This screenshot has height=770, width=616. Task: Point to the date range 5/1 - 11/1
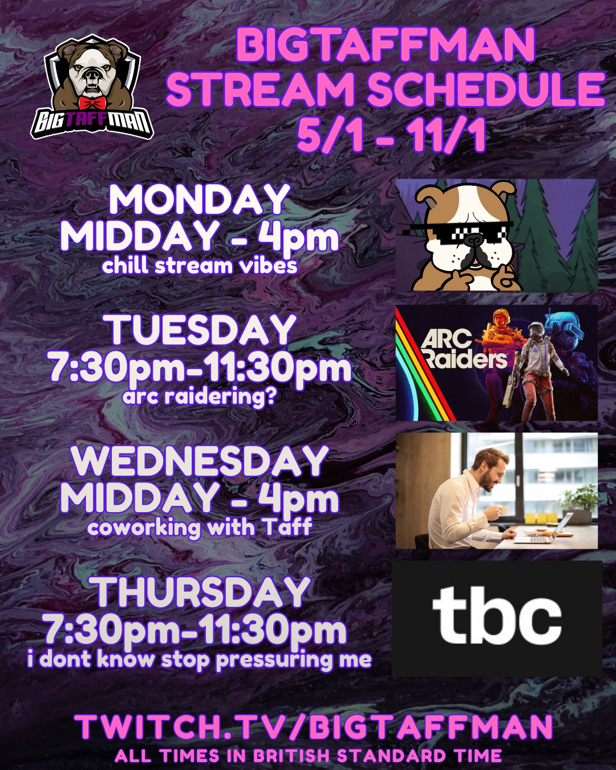391,135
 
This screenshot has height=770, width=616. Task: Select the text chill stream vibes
200,266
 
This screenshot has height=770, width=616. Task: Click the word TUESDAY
202,330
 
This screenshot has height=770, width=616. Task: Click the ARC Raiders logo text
464,350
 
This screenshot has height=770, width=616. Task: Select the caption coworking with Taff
200,528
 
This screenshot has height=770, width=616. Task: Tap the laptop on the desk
544,529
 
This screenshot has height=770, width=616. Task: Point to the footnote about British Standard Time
308,756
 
